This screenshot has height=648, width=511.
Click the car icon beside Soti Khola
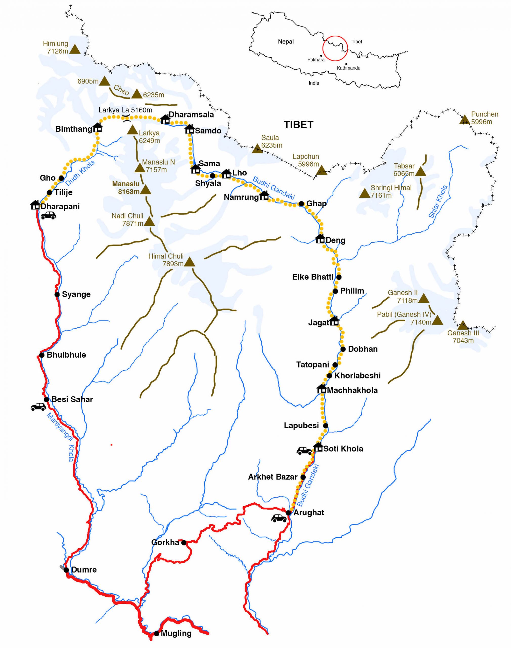pos(304,451)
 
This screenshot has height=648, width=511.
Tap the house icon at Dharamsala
pos(165,119)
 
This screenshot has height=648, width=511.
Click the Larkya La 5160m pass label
pos(125,110)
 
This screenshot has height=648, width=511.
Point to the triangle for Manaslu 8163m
pos(145,190)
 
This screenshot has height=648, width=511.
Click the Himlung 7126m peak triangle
pos(75,49)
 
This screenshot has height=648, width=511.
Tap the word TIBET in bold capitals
pos(298,125)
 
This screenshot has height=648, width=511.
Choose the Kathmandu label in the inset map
pos(348,68)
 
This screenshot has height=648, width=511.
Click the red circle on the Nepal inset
pos(335,48)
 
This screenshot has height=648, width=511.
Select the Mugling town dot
pos(157,634)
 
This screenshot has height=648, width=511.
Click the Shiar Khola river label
pos(438,201)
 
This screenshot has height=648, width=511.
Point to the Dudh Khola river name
pos(80,173)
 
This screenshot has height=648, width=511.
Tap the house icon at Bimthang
pos(98,128)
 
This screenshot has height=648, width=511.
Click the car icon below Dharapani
pos(49,215)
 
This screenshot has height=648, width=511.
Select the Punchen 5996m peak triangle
pos(464,120)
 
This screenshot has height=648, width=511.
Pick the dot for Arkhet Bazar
pos(303,477)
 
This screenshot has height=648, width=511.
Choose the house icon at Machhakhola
pos(321,389)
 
